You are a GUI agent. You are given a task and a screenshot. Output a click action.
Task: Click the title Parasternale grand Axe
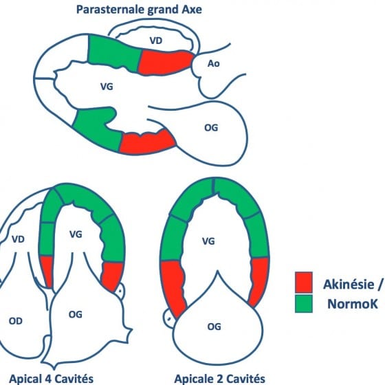(x=139, y=10)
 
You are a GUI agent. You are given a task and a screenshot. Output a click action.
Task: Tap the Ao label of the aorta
(x=213, y=63)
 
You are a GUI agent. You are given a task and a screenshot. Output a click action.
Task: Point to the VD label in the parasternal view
(x=156, y=41)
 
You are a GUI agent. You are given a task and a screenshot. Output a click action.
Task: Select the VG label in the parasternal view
(x=107, y=87)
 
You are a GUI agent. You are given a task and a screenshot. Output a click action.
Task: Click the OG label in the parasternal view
(x=211, y=128)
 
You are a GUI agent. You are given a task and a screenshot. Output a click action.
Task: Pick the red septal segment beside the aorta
(x=165, y=63)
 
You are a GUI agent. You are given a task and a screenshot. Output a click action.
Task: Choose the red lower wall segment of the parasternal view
(x=148, y=142)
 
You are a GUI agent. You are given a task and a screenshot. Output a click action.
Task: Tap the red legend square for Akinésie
(x=304, y=283)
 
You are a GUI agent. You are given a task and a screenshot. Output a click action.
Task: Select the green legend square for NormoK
(x=304, y=303)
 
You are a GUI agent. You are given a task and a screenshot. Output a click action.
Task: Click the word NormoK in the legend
(x=353, y=304)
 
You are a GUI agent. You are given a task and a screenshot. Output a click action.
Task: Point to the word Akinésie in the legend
(x=349, y=284)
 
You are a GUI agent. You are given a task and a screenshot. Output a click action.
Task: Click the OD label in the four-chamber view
(x=15, y=321)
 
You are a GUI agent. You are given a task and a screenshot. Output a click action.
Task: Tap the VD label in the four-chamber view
(x=18, y=239)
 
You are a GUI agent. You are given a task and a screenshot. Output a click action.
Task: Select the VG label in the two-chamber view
(x=208, y=241)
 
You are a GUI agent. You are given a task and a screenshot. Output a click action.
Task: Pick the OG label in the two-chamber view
(x=214, y=327)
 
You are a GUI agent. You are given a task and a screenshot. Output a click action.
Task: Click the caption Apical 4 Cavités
(x=51, y=379)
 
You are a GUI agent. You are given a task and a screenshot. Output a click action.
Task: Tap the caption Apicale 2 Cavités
(x=220, y=379)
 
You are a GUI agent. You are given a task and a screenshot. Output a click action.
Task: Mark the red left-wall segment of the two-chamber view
(x=173, y=287)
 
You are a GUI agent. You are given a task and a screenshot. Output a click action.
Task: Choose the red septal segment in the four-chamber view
(x=47, y=272)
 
